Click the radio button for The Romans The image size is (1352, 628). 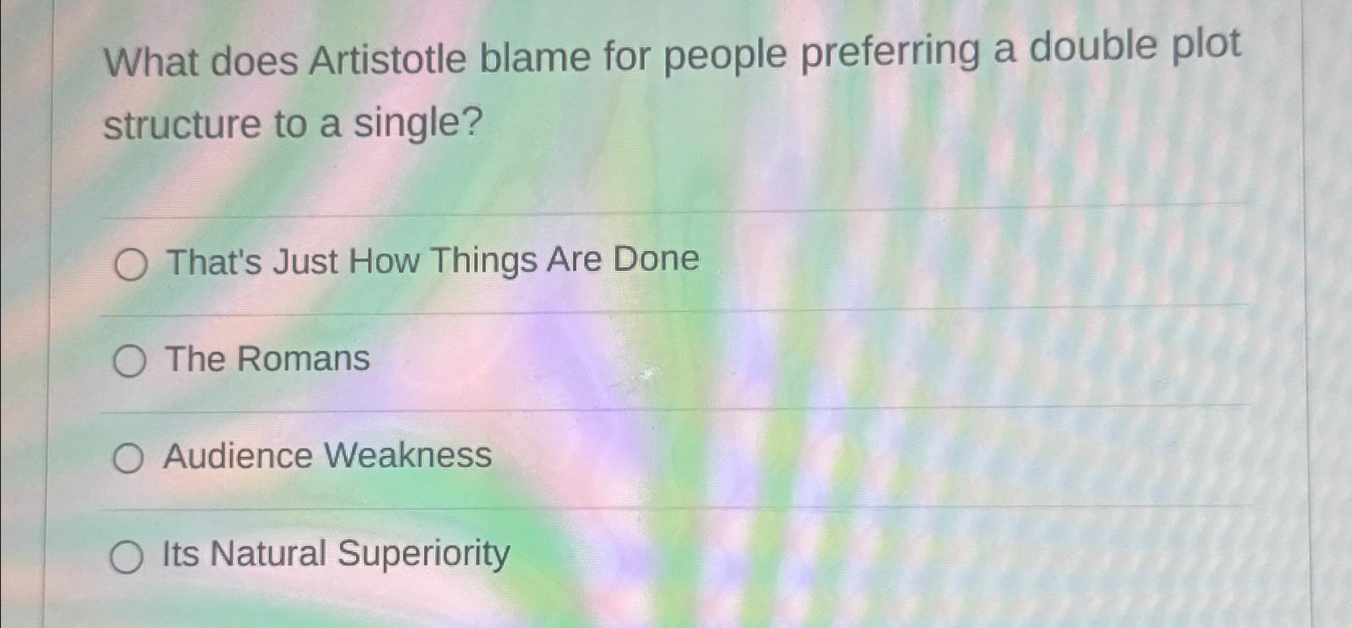click(x=129, y=361)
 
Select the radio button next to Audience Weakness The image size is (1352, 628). click(x=128, y=458)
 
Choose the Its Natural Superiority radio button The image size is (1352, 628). click(x=127, y=557)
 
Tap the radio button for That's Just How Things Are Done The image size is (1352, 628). click(x=131, y=265)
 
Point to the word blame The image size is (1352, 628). click(x=535, y=57)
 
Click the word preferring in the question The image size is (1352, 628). click(x=890, y=54)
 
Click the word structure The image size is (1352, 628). click(x=182, y=125)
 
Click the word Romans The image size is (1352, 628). click(x=303, y=359)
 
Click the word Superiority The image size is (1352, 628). click(x=424, y=554)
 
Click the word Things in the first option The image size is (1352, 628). click(x=484, y=261)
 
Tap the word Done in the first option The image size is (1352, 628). click(x=655, y=258)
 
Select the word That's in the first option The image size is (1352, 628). click(x=214, y=262)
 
